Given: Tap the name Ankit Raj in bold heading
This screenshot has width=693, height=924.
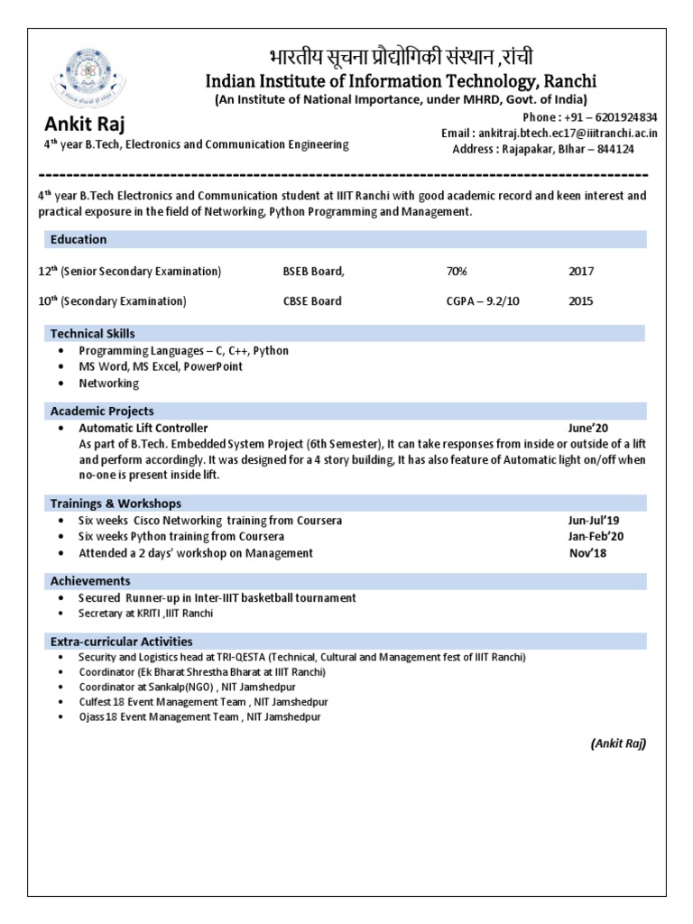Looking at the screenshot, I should click(x=80, y=124).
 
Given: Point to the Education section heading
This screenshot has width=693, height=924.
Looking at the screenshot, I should click(x=79, y=239).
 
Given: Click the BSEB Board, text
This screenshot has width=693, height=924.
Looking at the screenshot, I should click(x=313, y=271).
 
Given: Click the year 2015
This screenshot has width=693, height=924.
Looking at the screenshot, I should click(x=581, y=300).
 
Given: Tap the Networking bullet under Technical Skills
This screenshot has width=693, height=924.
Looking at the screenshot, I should click(x=108, y=383).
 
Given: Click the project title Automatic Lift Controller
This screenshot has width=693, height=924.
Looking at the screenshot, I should click(x=143, y=428).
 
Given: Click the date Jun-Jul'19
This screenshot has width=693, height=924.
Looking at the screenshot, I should click(x=593, y=521).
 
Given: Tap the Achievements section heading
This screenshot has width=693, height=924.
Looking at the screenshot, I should click(x=90, y=581).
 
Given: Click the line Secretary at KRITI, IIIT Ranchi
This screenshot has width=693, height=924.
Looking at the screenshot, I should click(x=145, y=614).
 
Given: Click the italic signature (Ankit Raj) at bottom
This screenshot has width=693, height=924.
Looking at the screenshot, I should click(x=618, y=744).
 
